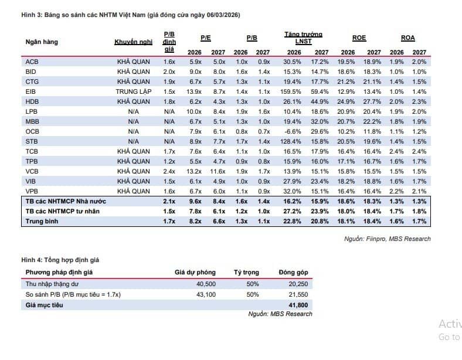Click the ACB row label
(32, 62)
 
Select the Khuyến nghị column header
(134, 42)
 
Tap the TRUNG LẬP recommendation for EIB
(134, 91)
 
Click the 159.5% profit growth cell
(291, 91)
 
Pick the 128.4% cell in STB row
(291, 141)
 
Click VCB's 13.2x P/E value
(194, 171)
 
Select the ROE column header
(359, 38)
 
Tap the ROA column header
(408, 38)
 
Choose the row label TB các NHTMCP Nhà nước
(66, 202)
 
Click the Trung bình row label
(42, 221)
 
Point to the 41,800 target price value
(298, 305)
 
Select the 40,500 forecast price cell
(206, 284)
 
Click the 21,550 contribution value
(298, 294)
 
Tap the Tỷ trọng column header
(246, 273)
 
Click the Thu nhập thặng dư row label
(52, 284)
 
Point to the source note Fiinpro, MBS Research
(388, 239)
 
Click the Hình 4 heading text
(60, 260)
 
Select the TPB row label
(32, 161)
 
